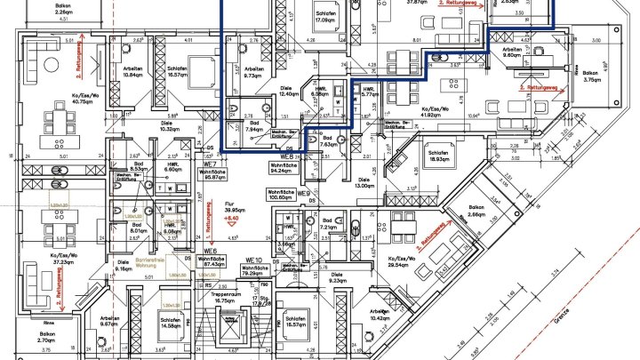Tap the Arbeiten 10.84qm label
point(133,71)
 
